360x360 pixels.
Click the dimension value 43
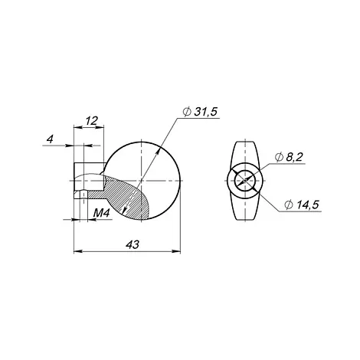[133, 244]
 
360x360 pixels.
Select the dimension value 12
[91, 121]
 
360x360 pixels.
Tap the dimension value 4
[51, 139]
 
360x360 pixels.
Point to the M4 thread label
[101, 213]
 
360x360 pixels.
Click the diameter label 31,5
[205, 112]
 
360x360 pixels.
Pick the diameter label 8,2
[294, 157]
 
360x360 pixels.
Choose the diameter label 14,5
[307, 205]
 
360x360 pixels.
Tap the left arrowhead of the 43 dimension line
[77, 251]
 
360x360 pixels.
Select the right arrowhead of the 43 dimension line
[177, 251]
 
